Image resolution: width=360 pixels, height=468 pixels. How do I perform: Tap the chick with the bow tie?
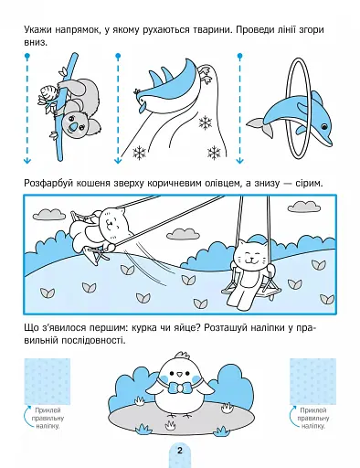coord(177,378)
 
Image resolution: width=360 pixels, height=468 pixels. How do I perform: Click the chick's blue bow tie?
coord(177,385)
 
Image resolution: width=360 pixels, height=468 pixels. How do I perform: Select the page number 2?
coord(180,451)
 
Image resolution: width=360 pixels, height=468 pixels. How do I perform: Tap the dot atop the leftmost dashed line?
coord(28,56)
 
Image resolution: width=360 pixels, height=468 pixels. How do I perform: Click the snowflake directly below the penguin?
coord(140,152)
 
